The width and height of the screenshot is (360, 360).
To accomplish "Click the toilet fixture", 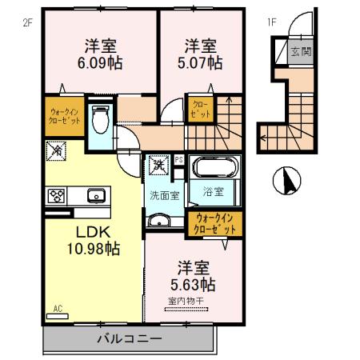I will (x=100, y=121).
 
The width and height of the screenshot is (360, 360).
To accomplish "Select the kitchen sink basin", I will (x=94, y=194).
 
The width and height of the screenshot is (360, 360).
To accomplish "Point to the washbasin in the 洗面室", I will (x=159, y=222).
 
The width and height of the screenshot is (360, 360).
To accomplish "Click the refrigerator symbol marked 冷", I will (x=57, y=150).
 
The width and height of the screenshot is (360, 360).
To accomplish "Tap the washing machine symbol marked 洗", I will (x=158, y=166).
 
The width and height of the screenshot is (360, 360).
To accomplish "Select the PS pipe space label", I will (x=179, y=159).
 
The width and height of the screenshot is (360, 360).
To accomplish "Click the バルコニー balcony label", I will (x=129, y=338).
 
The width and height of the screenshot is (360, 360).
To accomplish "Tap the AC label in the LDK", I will (x=58, y=308).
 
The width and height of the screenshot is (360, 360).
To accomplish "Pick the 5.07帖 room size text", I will (x=198, y=63).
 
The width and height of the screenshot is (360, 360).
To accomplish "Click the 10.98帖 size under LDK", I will (x=93, y=249).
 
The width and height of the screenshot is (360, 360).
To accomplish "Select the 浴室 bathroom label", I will (x=212, y=193).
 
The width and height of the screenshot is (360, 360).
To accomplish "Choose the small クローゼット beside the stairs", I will (x=202, y=109).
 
